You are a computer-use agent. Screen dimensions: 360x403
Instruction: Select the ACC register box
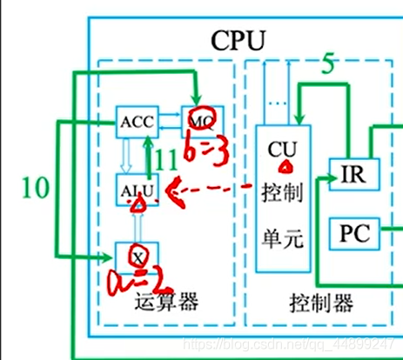click(137, 123)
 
